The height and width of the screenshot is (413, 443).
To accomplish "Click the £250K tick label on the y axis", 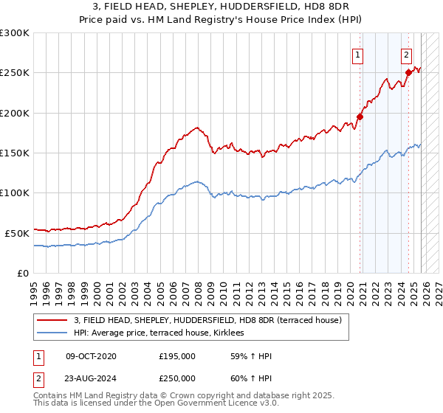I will coord(15,73).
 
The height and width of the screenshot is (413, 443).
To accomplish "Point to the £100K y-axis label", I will coord(15,193).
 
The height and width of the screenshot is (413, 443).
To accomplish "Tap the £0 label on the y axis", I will coord(22,273).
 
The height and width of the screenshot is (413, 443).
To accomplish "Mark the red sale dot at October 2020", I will coord(360,117).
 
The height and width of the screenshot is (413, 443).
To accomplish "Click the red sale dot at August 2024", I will coord(408,72).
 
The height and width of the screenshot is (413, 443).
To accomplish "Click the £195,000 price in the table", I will coord(176,356).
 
